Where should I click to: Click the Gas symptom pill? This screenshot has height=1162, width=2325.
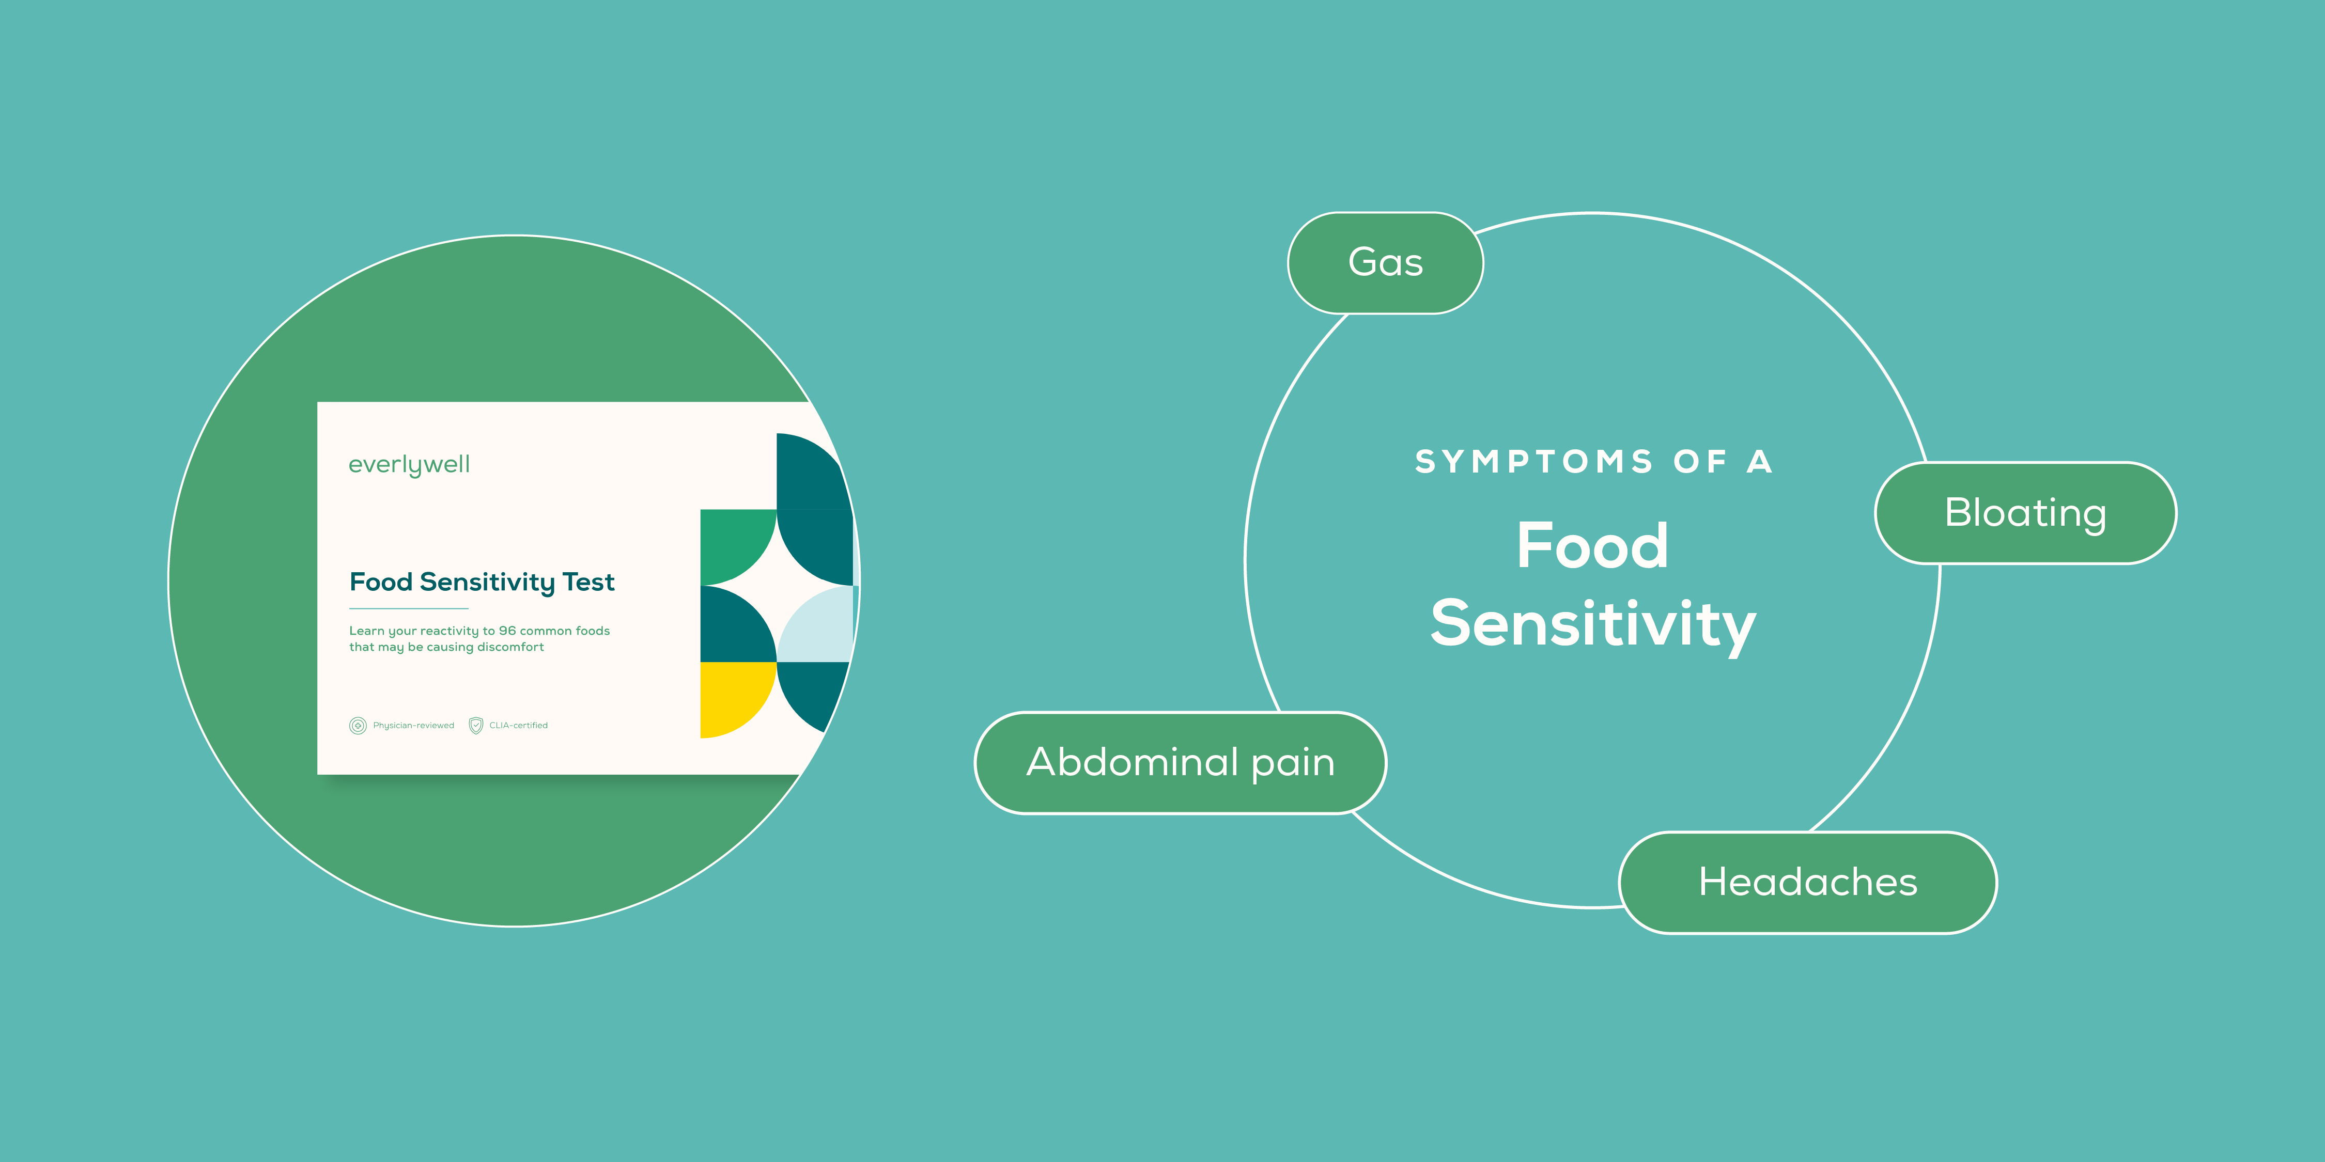[1385, 262]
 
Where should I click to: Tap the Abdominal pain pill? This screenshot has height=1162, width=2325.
[1180, 762]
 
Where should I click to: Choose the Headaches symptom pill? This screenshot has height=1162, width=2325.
[1808, 882]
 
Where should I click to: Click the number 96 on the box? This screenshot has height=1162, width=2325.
[507, 631]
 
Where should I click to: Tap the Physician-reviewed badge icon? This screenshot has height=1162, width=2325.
[358, 726]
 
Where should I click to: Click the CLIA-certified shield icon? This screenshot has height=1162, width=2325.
[476, 726]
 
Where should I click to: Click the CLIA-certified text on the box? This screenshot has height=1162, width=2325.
[518, 726]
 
